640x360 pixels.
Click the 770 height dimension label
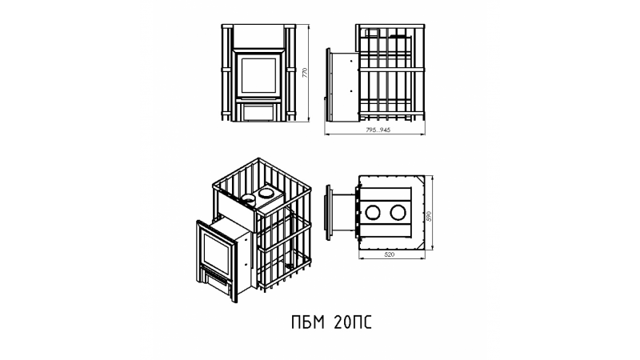click(305, 73)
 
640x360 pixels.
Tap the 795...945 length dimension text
click(378, 130)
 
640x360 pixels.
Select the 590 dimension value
click(429, 216)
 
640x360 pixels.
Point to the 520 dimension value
click(390, 254)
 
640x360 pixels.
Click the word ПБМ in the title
click(308, 322)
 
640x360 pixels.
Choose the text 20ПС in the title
click(353, 322)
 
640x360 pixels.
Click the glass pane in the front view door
click(258, 75)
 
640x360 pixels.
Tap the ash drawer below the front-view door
click(258, 112)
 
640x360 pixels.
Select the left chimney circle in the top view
click(373, 213)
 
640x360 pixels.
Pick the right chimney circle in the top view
click(397, 213)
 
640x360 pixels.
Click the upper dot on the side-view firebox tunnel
click(351, 61)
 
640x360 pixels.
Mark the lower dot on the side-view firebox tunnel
click(351, 91)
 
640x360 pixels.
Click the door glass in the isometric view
click(216, 254)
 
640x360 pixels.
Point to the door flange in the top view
click(328, 212)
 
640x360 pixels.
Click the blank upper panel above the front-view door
click(258, 37)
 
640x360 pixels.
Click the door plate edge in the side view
click(328, 85)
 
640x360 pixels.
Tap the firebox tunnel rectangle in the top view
click(344, 212)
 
